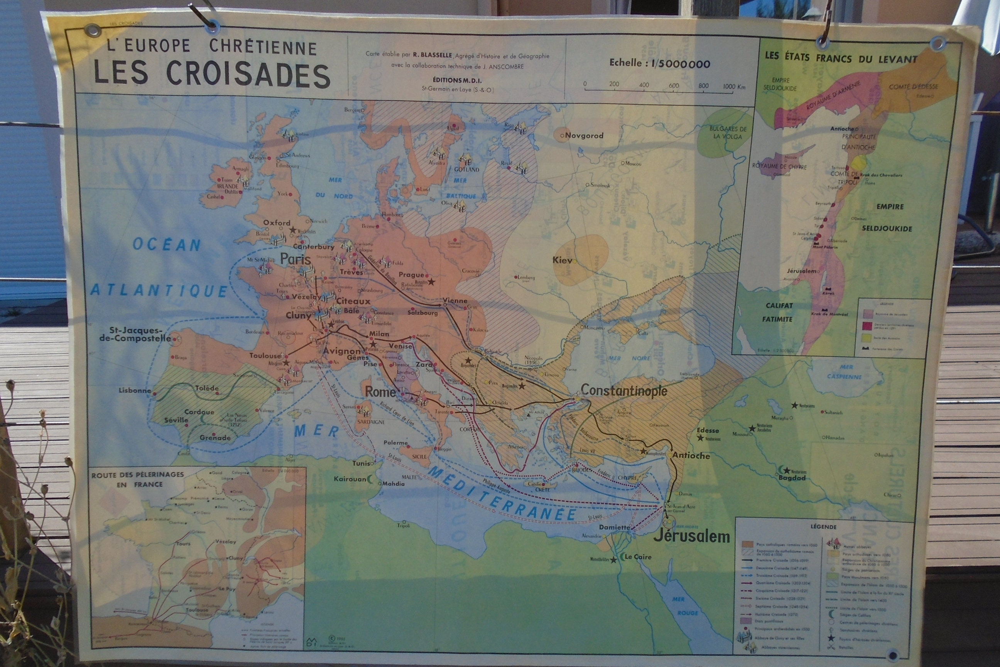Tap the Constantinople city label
[624, 391]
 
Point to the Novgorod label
[584, 136]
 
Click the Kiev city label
[562, 260]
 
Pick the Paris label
[296, 259]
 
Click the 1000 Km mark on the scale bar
[734, 86]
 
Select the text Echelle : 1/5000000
[659, 64]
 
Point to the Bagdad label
[792, 478]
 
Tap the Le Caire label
[637, 557]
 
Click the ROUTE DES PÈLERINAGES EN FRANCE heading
[137, 479]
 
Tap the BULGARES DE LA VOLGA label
[728, 133]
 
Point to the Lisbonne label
[135, 391]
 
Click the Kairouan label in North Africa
[350, 479]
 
